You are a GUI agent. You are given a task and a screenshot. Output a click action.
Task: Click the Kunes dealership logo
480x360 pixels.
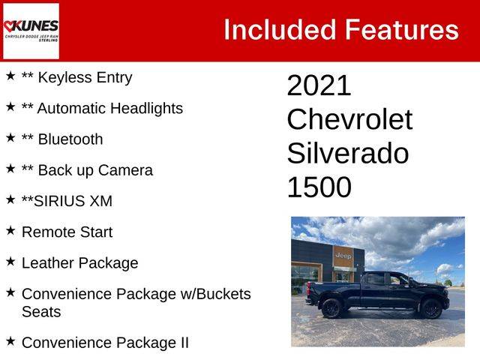click(31, 31)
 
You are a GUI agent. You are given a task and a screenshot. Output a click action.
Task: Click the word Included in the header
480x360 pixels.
click(280, 30)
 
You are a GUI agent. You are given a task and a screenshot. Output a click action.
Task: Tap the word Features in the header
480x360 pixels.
click(402, 30)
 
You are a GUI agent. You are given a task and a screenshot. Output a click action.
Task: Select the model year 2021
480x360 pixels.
click(319, 85)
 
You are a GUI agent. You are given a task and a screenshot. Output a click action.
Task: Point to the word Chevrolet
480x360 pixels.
click(349, 119)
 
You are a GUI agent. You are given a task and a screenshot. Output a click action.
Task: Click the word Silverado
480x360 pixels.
click(348, 153)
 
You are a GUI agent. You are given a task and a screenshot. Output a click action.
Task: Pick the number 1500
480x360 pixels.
click(319, 187)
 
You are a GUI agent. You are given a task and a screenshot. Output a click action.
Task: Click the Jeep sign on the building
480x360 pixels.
click(343, 256)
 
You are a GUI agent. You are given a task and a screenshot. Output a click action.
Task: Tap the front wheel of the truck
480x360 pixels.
click(431, 308)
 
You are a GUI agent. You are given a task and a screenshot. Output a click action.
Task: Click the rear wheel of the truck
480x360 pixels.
click(331, 307)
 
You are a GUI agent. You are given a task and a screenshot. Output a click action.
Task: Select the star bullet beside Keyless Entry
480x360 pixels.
click(10, 76)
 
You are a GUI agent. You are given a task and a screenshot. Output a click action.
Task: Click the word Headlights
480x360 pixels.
click(147, 109)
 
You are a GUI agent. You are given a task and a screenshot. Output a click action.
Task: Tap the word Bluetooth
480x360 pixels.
click(70, 139)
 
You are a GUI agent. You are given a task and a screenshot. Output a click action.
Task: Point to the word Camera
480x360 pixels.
click(125, 170)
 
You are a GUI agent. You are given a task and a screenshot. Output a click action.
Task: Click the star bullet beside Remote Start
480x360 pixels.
click(10, 230)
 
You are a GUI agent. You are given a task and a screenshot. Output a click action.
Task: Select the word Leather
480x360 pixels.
click(48, 263)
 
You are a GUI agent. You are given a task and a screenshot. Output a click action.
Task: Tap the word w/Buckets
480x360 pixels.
click(215, 294)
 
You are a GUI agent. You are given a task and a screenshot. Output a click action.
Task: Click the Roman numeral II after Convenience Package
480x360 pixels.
click(184, 343)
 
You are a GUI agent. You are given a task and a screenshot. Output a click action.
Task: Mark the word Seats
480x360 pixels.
click(41, 312)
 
